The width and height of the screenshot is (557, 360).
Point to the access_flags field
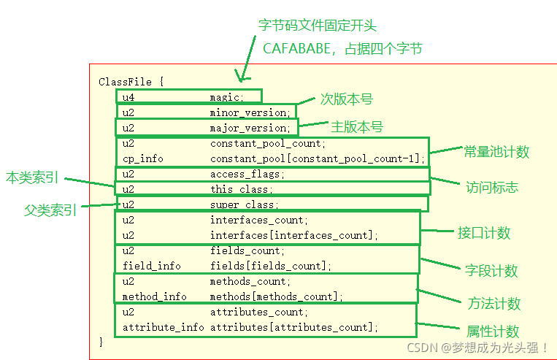247,175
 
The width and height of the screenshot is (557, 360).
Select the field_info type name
151,266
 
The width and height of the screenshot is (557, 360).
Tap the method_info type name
154,296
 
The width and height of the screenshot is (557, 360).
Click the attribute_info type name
163,327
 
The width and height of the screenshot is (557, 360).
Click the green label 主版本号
357,126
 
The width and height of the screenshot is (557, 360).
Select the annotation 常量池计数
496,152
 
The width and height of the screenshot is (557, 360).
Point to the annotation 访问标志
491,187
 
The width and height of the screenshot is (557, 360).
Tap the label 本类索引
31,177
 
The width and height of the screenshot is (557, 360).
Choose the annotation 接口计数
484,233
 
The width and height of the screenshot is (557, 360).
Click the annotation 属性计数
493,331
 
